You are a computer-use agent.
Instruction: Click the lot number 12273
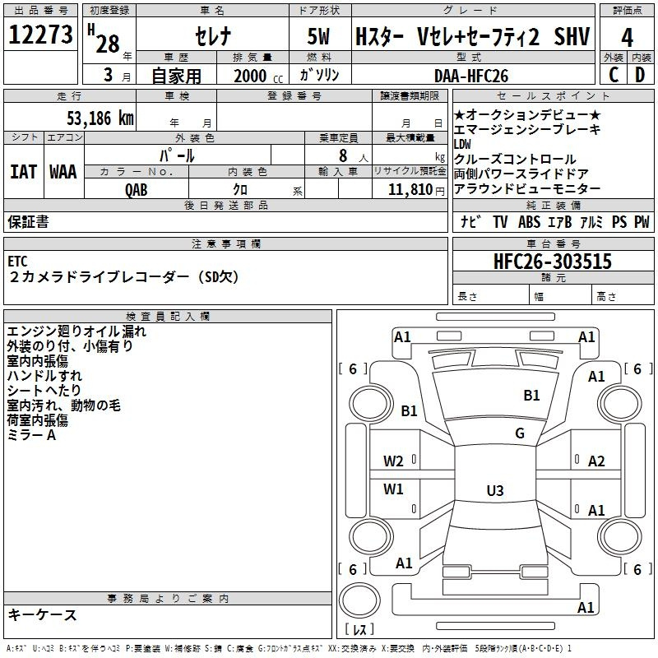pyautogui.click(x=40, y=35)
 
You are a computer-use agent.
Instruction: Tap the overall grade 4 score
pyautogui.click(x=627, y=37)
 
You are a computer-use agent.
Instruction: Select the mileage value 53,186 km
pyautogui.click(x=100, y=118)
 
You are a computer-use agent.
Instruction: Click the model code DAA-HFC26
pyautogui.click(x=471, y=76)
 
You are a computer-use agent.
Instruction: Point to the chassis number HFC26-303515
pyautogui.click(x=553, y=261)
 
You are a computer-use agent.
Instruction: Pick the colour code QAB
pyautogui.click(x=137, y=190)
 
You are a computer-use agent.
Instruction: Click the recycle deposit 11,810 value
pyautogui.click(x=410, y=190)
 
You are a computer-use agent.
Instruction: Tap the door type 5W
pyautogui.click(x=318, y=36)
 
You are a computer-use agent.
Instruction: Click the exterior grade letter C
pyautogui.click(x=614, y=75)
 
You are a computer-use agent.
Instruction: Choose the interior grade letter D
pyautogui.click(x=640, y=75)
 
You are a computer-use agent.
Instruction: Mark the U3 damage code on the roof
pyautogui.click(x=495, y=490)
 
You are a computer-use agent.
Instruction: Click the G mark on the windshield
pyautogui.click(x=520, y=433)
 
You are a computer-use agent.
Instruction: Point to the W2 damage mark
pyautogui.click(x=393, y=461)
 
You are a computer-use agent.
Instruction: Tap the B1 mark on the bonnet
pyautogui.click(x=531, y=395)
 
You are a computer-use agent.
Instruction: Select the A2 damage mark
pyautogui.click(x=596, y=461)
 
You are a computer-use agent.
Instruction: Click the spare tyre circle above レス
pyautogui.click(x=359, y=600)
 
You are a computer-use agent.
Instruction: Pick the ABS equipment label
pyautogui.click(x=529, y=221)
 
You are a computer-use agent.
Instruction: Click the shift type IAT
pyautogui.click(x=24, y=172)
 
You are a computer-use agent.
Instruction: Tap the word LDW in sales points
pyautogui.click(x=462, y=145)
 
